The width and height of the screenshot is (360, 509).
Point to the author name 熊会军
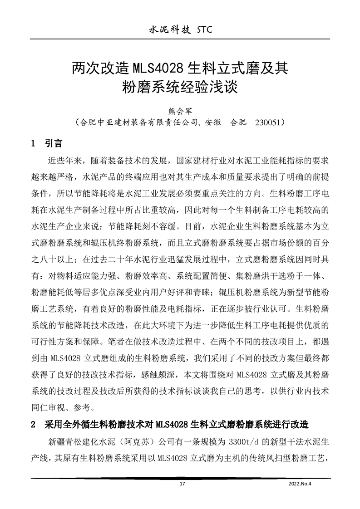click(x=180, y=110)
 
